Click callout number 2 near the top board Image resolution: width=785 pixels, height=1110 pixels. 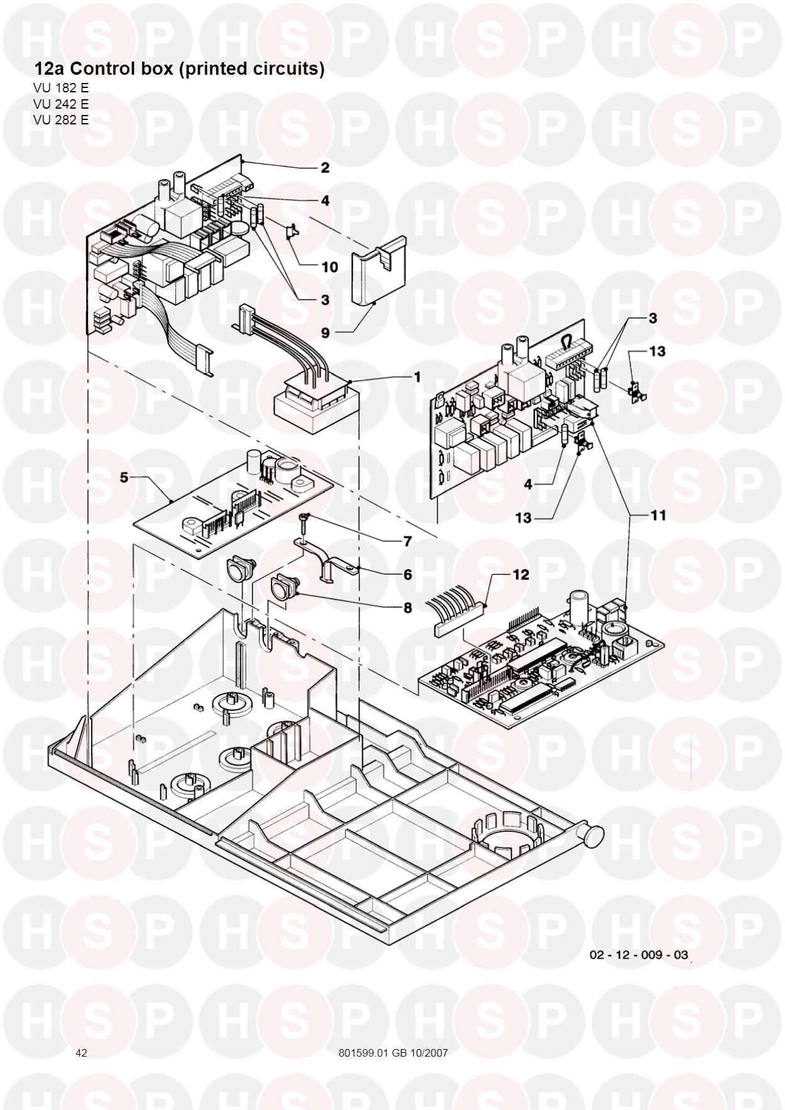click(x=325, y=168)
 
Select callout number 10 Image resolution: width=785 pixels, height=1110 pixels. click(x=329, y=267)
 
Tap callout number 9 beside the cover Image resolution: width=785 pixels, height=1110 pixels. click(x=325, y=332)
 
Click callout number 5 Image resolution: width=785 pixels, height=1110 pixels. click(x=124, y=477)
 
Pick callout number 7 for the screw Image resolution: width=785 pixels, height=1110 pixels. click(x=407, y=541)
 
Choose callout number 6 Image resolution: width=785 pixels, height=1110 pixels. click(x=407, y=574)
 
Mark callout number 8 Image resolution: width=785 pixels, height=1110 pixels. click(x=407, y=607)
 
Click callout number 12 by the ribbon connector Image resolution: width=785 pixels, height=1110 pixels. click(x=521, y=574)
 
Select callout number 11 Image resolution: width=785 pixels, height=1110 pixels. click(x=658, y=515)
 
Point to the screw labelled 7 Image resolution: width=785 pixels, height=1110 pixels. click(x=304, y=517)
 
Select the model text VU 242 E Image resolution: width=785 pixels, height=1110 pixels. click(x=61, y=104)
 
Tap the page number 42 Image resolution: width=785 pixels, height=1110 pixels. click(x=81, y=1053)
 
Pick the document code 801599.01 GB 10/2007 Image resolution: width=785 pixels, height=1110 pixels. click(x=393, y=1053)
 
